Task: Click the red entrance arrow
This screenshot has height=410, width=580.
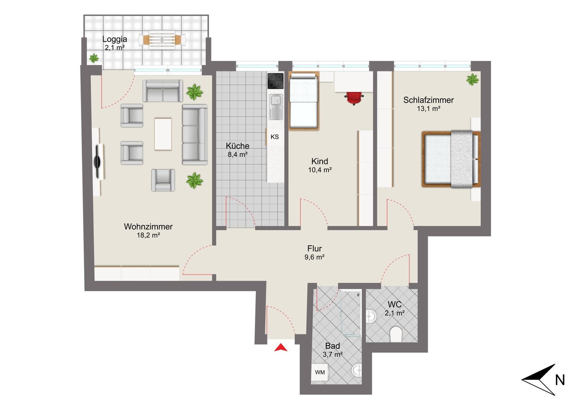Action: [281, 347]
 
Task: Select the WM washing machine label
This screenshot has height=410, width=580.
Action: [320, 372]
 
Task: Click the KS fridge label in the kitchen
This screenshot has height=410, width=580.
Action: [274, 137]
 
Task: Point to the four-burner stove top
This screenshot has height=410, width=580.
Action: [275, 81]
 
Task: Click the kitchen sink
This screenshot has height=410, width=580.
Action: [276, 107]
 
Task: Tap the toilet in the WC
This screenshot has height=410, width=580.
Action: [396, 334]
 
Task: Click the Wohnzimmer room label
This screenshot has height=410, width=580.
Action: [148, 226]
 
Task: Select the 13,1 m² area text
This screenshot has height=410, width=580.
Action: [429, 109]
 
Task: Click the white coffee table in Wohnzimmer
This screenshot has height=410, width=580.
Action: [163, 134]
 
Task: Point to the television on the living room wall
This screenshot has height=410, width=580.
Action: [97, 162]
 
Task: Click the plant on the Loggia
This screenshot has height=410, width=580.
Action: [94, 58]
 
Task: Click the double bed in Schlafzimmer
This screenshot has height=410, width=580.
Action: [451, 159]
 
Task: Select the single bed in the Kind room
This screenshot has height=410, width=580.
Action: [304, 100]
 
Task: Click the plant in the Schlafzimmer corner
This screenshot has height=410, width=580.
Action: [472, 79]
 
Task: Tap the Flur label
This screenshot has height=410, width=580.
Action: [314, 248]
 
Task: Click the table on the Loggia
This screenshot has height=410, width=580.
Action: [162, 40]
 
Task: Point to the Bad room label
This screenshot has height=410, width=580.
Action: [332, 346]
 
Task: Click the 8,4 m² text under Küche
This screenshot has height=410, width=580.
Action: [238, 155]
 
